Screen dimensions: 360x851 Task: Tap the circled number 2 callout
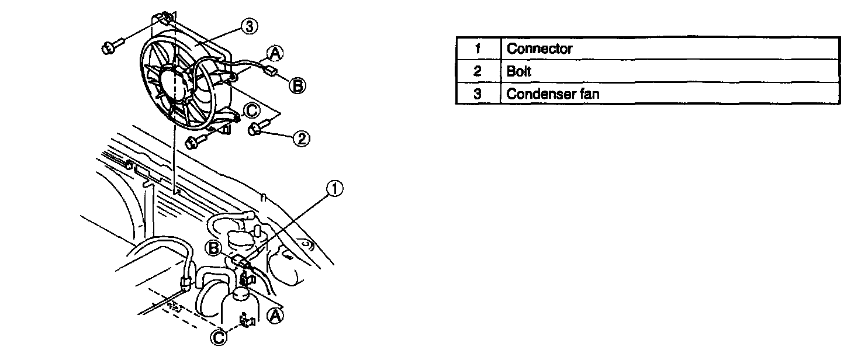302,139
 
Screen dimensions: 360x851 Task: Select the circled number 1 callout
334,188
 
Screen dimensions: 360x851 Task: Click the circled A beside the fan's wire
276,54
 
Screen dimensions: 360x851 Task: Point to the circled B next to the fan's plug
297,86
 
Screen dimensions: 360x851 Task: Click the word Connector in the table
539,49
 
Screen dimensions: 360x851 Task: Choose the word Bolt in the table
519,71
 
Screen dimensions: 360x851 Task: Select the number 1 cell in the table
478,49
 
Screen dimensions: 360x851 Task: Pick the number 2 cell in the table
478,71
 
